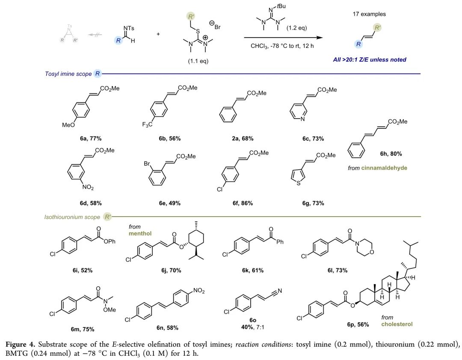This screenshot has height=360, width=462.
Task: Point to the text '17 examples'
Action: (x=369, y=14)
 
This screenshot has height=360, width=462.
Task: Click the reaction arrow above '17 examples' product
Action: (x=283, y=37)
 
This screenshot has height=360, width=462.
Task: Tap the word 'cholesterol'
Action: (x=397, y=324)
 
